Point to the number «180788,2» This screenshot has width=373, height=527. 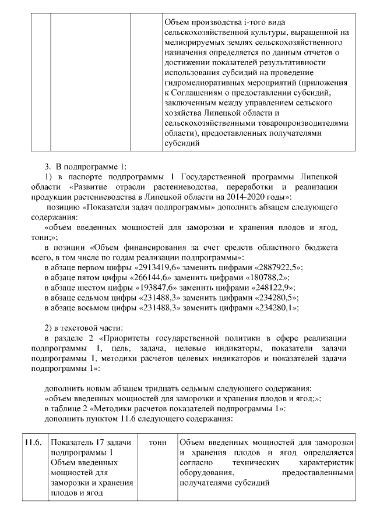pos(260,277)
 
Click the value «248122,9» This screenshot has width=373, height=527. pos(269,287)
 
